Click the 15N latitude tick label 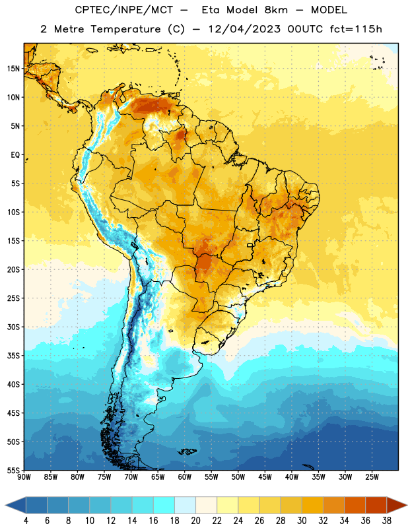(x=13, y=69)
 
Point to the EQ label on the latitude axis (x=15, y=155)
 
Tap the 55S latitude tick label (x=13, y=471)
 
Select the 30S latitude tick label (x=13, y=327)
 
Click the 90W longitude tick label (x=24, y=477)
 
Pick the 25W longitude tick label (x=372, y=477)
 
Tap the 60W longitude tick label (x=185, y=477)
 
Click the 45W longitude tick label (x=265, y=477)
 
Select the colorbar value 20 (x=195, y=521)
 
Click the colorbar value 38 (x=387, y=521)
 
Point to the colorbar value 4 (x=26, y=521)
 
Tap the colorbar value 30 (x=302, y=521)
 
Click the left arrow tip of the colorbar (x=5, y=505)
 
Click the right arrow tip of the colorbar (x=407, y=505)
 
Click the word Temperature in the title (x=125, y=29)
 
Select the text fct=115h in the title (x=356, y=29)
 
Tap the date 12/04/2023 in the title (x=244, y=29)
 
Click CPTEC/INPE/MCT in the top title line (x=124, y=10)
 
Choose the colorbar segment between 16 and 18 (x=164, y=505)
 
